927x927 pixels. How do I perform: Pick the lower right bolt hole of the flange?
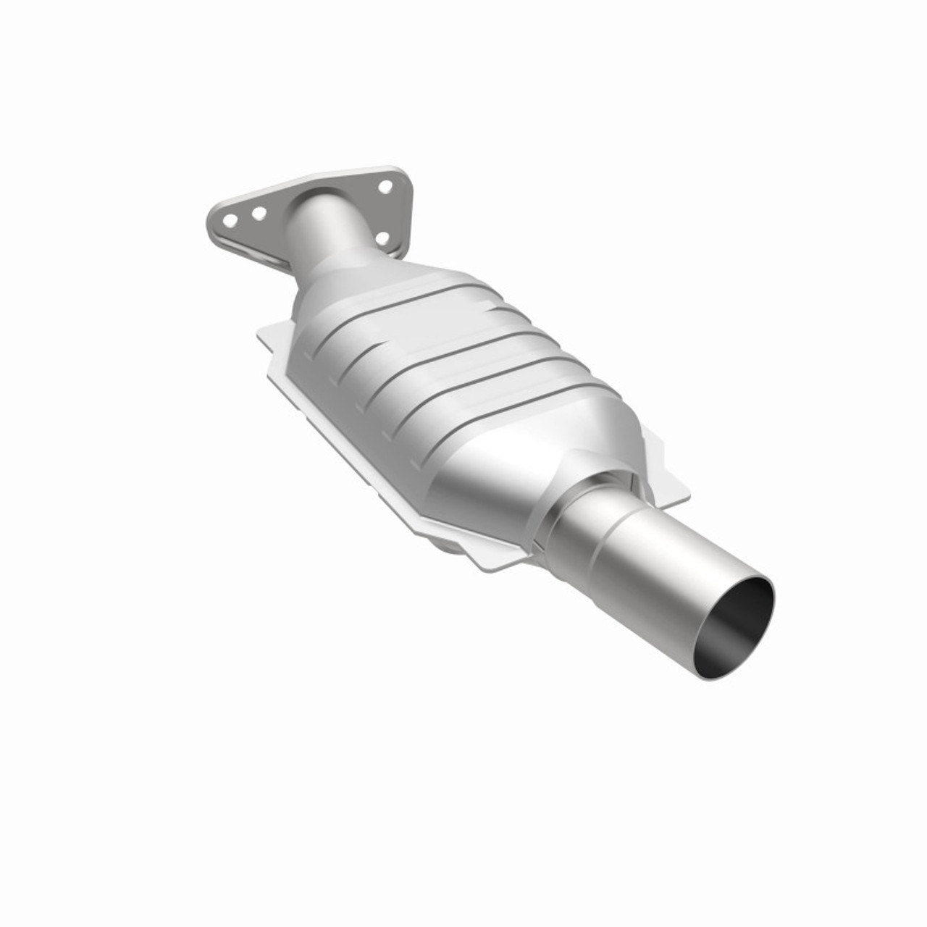tap(383, 238)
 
